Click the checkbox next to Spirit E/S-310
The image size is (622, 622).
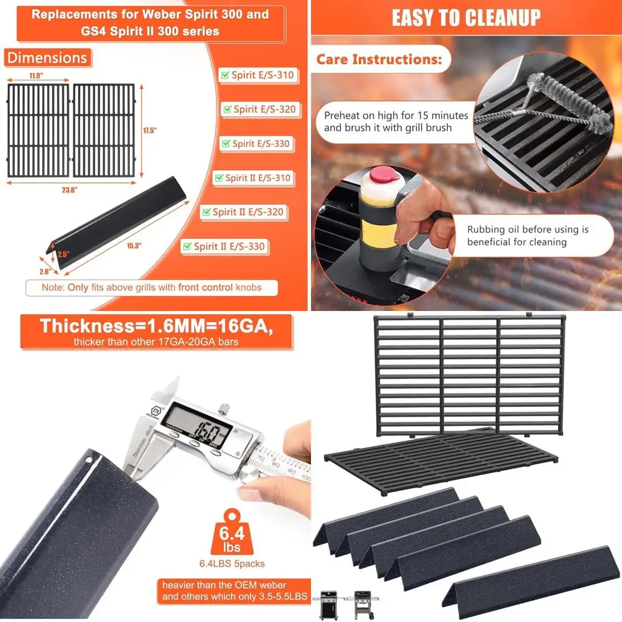[225, 76]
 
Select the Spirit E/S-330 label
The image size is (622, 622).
[261, 144]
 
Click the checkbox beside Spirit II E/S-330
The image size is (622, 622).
[187, 247]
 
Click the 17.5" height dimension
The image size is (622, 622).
[149, 131]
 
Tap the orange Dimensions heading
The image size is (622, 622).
[47, 58]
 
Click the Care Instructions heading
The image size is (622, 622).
[379, 60]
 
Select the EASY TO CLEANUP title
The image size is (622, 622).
[466, 18]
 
